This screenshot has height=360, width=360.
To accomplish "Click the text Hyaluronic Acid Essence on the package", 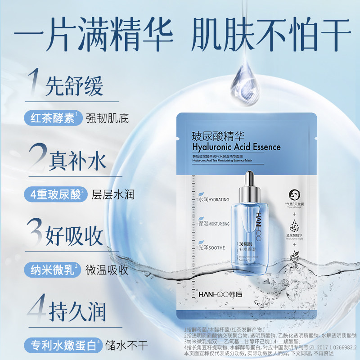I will [x=236, y=147].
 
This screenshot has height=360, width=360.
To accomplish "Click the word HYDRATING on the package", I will [x=218, y=199].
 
